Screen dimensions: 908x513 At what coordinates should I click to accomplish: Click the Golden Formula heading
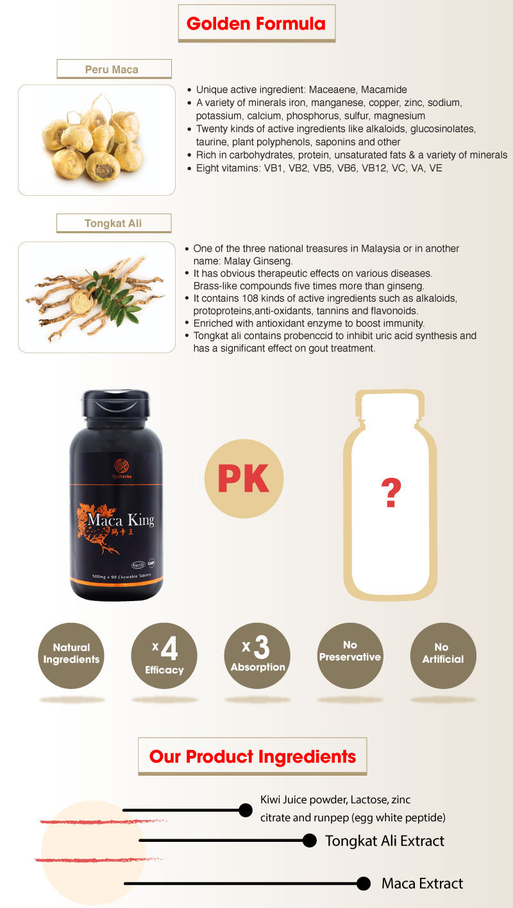click(x=256, y=24)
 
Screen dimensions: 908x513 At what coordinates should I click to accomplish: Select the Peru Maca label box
click(x=114, y=69)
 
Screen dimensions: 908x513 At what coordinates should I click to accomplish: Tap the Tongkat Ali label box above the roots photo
click(x=114, y=223)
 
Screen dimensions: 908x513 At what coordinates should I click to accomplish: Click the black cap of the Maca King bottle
click(x=115, y=403)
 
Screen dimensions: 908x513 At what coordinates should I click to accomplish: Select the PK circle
click(x=243, y=479)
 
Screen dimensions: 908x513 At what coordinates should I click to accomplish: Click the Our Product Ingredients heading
click(x=252, y=756)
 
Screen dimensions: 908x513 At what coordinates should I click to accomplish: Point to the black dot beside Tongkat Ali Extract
click(x=310, y=841)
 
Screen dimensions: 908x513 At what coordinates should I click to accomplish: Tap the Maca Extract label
click(x=422, y=884)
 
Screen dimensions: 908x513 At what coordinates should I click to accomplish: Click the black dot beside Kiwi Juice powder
click(x=245, y=810)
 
